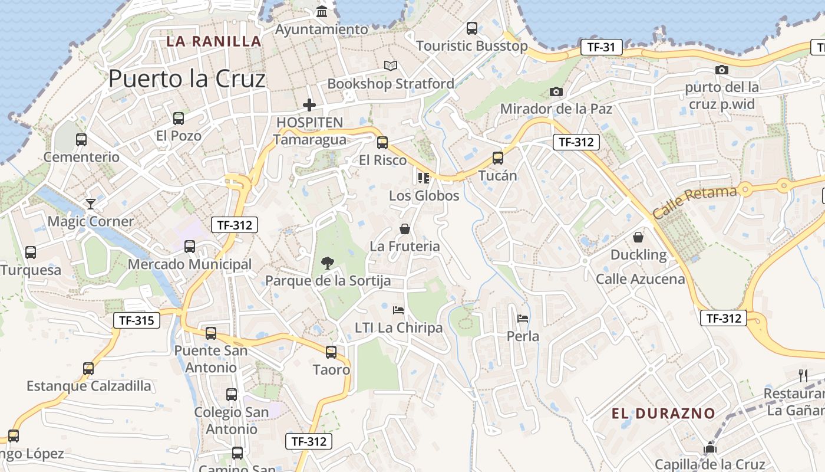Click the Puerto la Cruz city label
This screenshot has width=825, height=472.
click(x=187, y=78)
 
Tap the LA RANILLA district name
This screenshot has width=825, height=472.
click(x=213, y=41)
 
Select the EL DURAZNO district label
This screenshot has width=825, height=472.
click(x=663, y=413)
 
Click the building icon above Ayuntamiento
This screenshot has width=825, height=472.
click(x=322, y=11)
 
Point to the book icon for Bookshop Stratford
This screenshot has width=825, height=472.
click(x=391, y=65)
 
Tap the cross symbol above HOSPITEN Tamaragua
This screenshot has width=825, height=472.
click(x=309, y=106)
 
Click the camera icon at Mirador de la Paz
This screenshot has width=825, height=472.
click(x=556, y=91)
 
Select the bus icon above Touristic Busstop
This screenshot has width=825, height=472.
click(x=471, y=28)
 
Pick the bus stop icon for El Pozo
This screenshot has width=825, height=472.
click(x=179, y=118)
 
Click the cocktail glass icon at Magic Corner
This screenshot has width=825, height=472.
click(x=91, y=204)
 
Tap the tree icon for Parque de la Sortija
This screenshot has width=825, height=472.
click(x=327, y=263)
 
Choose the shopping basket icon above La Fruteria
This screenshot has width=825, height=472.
click(x=405, y=228)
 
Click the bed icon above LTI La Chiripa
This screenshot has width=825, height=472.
click(x=398, y=310)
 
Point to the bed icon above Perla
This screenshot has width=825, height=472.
click(x=523, y=319)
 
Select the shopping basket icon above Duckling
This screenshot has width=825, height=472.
click(x=638, y=237)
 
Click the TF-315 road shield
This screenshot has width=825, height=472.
click(x=137, y=320)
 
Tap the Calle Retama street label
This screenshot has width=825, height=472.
click(x=695, y=202)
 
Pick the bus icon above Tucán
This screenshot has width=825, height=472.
click(x=498, y=158)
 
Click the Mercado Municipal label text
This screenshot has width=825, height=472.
click(x=190, y=264)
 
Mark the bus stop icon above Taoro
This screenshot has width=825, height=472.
click(x=331, y=352)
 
